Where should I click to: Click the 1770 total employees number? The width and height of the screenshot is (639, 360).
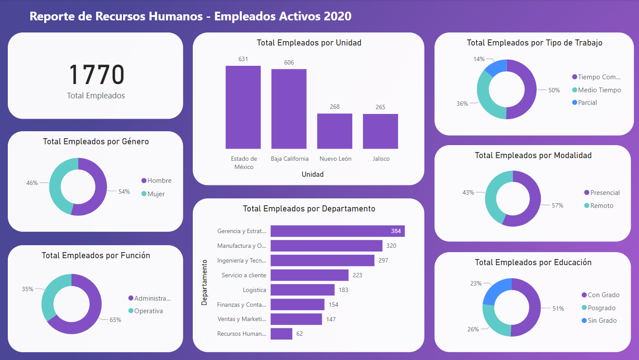[96, 75]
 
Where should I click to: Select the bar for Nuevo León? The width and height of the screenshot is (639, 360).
[334, 131]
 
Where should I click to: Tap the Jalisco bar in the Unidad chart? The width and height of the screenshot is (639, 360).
[380, 131]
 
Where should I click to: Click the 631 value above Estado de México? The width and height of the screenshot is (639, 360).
[243, 59]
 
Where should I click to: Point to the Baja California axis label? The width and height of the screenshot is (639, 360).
[289, 159]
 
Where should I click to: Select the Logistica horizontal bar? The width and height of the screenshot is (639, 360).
[302, 290]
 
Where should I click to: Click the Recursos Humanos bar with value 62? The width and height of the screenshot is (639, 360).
[281, 334]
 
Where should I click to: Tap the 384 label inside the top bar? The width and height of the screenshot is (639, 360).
[396, 231]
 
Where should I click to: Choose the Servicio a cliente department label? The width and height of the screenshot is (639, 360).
[243, 275]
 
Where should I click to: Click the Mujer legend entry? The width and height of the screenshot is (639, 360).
[156, 194]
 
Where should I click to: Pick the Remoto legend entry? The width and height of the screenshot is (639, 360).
[601, 206]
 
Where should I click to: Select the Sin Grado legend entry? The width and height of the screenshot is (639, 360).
[602, 321]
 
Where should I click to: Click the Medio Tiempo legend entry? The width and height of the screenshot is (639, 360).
[599, 90]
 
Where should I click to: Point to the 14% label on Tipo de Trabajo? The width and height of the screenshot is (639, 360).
[479, 59]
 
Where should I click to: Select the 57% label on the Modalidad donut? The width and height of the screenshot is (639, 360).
[557, 205]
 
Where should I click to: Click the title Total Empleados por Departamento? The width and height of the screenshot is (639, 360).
[309, 209]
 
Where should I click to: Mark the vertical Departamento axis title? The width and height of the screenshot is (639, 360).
[204, 282]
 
